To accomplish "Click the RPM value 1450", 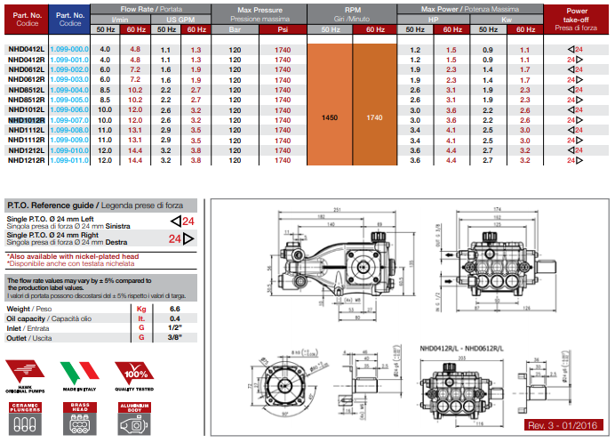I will [330, 117].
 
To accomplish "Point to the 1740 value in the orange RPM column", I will [374, 117].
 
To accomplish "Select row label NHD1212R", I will [27, 161].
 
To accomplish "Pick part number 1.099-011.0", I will [68, 161].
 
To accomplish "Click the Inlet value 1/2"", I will [175, 328].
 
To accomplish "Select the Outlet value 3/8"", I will [175, 339].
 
